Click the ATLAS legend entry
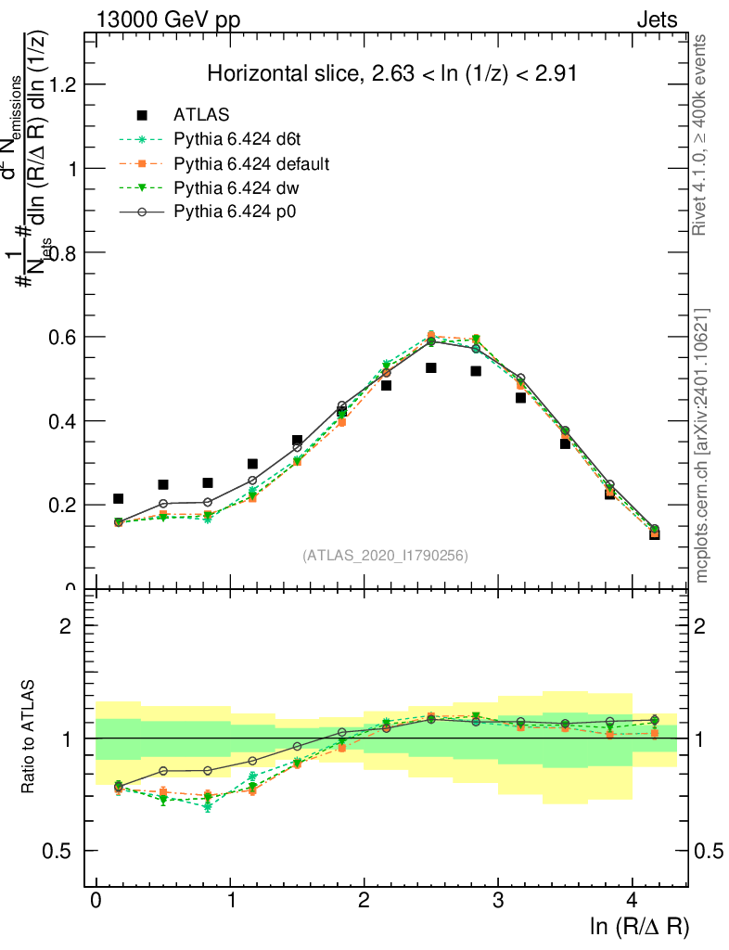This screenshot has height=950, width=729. click(201, 115)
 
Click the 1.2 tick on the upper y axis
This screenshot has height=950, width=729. click(63, 84)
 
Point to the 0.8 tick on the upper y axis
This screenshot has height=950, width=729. click(63, 252)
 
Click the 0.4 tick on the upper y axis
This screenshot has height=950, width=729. click(63, 420)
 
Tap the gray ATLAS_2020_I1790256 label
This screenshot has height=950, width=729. click(385, 556)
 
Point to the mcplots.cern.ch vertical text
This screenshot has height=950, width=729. click(702, 445)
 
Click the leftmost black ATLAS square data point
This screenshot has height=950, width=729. click(118, 499)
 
